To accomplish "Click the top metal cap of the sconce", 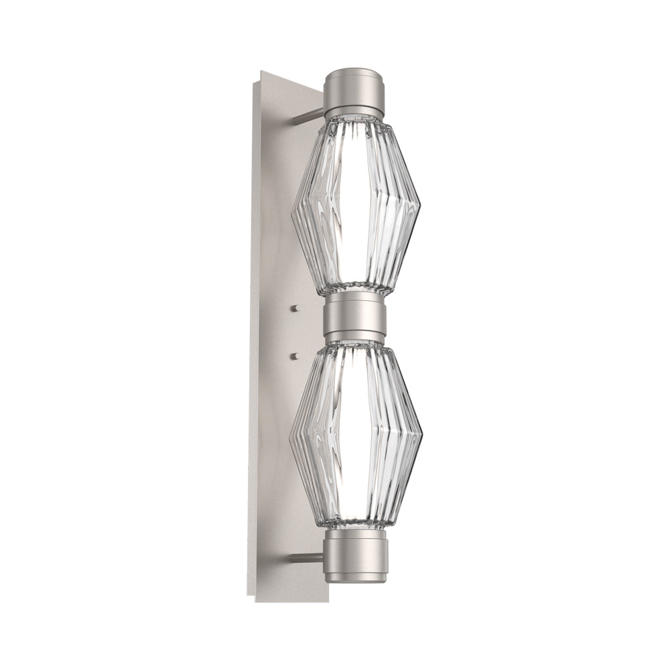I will click(x=355, y=90).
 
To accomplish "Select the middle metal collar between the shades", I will click(x=355, y=318).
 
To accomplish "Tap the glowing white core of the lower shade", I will click(x=355, y=435).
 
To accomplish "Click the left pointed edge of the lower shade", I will click(x=290, y=439).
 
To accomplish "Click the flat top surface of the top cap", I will click(x=355, y=72).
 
